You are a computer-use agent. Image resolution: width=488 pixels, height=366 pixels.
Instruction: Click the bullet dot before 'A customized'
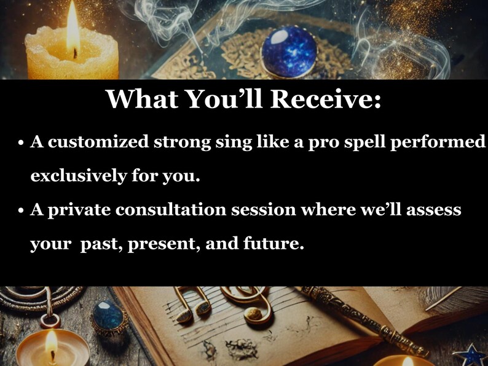pyautogui.click(x=20, y=143)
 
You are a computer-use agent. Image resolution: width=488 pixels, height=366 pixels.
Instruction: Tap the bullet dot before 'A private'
pyautogui.click(x=20, y=212)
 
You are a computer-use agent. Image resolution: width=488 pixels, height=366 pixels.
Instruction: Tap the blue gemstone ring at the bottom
pyautogui.click(x=109, y=317)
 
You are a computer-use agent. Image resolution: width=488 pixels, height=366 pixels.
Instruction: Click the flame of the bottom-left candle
pyautogui.click(x=52, y=343)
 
